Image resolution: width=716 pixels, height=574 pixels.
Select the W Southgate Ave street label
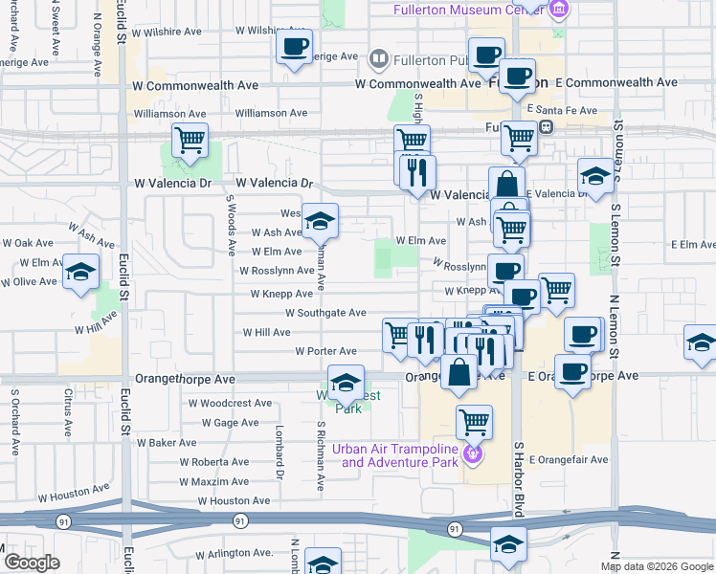coord(325,313)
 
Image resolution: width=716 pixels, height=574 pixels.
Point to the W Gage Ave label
coord(229,423)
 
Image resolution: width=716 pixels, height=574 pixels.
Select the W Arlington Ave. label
coord(235,554)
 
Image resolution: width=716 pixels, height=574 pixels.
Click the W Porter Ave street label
coord(325,352)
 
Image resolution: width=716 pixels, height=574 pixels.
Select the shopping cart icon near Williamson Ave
coord(190,140)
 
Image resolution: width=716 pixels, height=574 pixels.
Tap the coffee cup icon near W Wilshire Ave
coord(294,45)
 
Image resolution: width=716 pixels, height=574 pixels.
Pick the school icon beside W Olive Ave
coord(81,271)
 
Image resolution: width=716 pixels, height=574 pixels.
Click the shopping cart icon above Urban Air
coord(474,420)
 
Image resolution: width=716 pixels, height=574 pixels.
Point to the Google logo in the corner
coord(32,563)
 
